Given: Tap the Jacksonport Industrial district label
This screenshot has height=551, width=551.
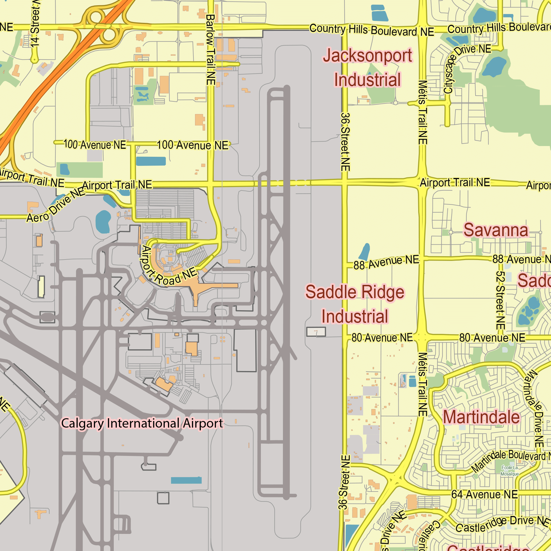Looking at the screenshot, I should tap(368, 67).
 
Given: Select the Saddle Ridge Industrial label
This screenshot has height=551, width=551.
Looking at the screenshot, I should tap(355, 304).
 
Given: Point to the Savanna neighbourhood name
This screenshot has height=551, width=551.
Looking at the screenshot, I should tap(496, 230).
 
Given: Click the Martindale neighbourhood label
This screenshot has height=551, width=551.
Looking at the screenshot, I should tap(482, 417).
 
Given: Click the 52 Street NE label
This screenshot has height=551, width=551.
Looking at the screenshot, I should tap(501, 300).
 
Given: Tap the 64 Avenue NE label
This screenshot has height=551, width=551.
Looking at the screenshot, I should tap(484, 495).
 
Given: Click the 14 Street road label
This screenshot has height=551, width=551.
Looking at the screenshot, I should tap(35, 24).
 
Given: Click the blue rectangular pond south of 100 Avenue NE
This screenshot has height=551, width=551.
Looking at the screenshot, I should tap(151, 161).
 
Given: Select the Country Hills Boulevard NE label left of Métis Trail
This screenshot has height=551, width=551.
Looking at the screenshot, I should tap(372, 30).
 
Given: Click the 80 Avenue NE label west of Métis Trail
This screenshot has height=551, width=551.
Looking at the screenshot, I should tap(382, 338).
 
